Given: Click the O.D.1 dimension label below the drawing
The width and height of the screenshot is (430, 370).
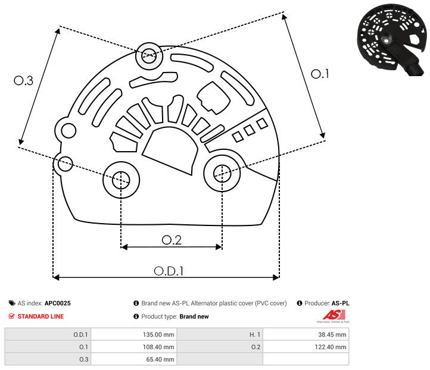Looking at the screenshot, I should pyautogui.click(x=169, y=270).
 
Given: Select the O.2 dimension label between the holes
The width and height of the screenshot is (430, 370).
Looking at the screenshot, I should pyautogui.click(x=172, y=240).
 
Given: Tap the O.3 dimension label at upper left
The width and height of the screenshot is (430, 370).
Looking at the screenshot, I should pyautogui.click(x=23, y=81).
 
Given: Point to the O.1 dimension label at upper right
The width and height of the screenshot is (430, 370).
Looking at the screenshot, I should pyautogui.click(x=320, y=74).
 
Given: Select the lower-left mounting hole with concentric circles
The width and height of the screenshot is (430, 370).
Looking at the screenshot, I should pyautogui.click(x=121, y=178).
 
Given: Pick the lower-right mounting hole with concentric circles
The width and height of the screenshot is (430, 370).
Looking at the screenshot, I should pyautogui.click(x=222, y=173).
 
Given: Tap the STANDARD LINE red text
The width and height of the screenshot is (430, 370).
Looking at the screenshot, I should pyautogui.click(x=40, y=316).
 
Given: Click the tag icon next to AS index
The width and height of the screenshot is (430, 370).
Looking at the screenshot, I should pyautogui.click(x=12, y=303).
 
